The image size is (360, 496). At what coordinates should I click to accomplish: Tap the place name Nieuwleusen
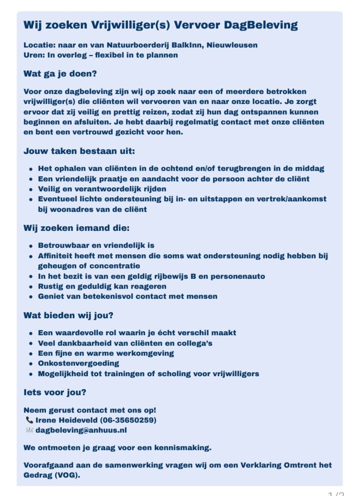click(233, 45)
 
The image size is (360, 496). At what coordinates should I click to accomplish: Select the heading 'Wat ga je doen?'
click(60, 73)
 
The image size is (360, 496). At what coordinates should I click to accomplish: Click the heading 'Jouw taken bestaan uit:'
click(79, 151)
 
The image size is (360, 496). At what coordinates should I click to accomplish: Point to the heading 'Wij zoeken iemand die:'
click(76, 228)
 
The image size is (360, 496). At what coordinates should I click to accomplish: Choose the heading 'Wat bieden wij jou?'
click(68, 316)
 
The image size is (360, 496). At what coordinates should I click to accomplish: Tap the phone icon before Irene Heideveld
click(29, 420)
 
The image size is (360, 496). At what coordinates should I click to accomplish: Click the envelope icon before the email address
click(29, 430)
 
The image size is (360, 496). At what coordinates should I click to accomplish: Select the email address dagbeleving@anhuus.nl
click(81, 430)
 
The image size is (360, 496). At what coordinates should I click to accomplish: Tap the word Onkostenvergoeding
click(78, 363)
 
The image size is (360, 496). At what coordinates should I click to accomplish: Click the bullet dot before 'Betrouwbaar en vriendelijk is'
click(31, 246)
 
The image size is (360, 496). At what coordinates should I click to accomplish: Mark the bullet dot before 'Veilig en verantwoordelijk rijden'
click(31, 189)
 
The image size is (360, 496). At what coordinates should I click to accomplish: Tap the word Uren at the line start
click(32, 55)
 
